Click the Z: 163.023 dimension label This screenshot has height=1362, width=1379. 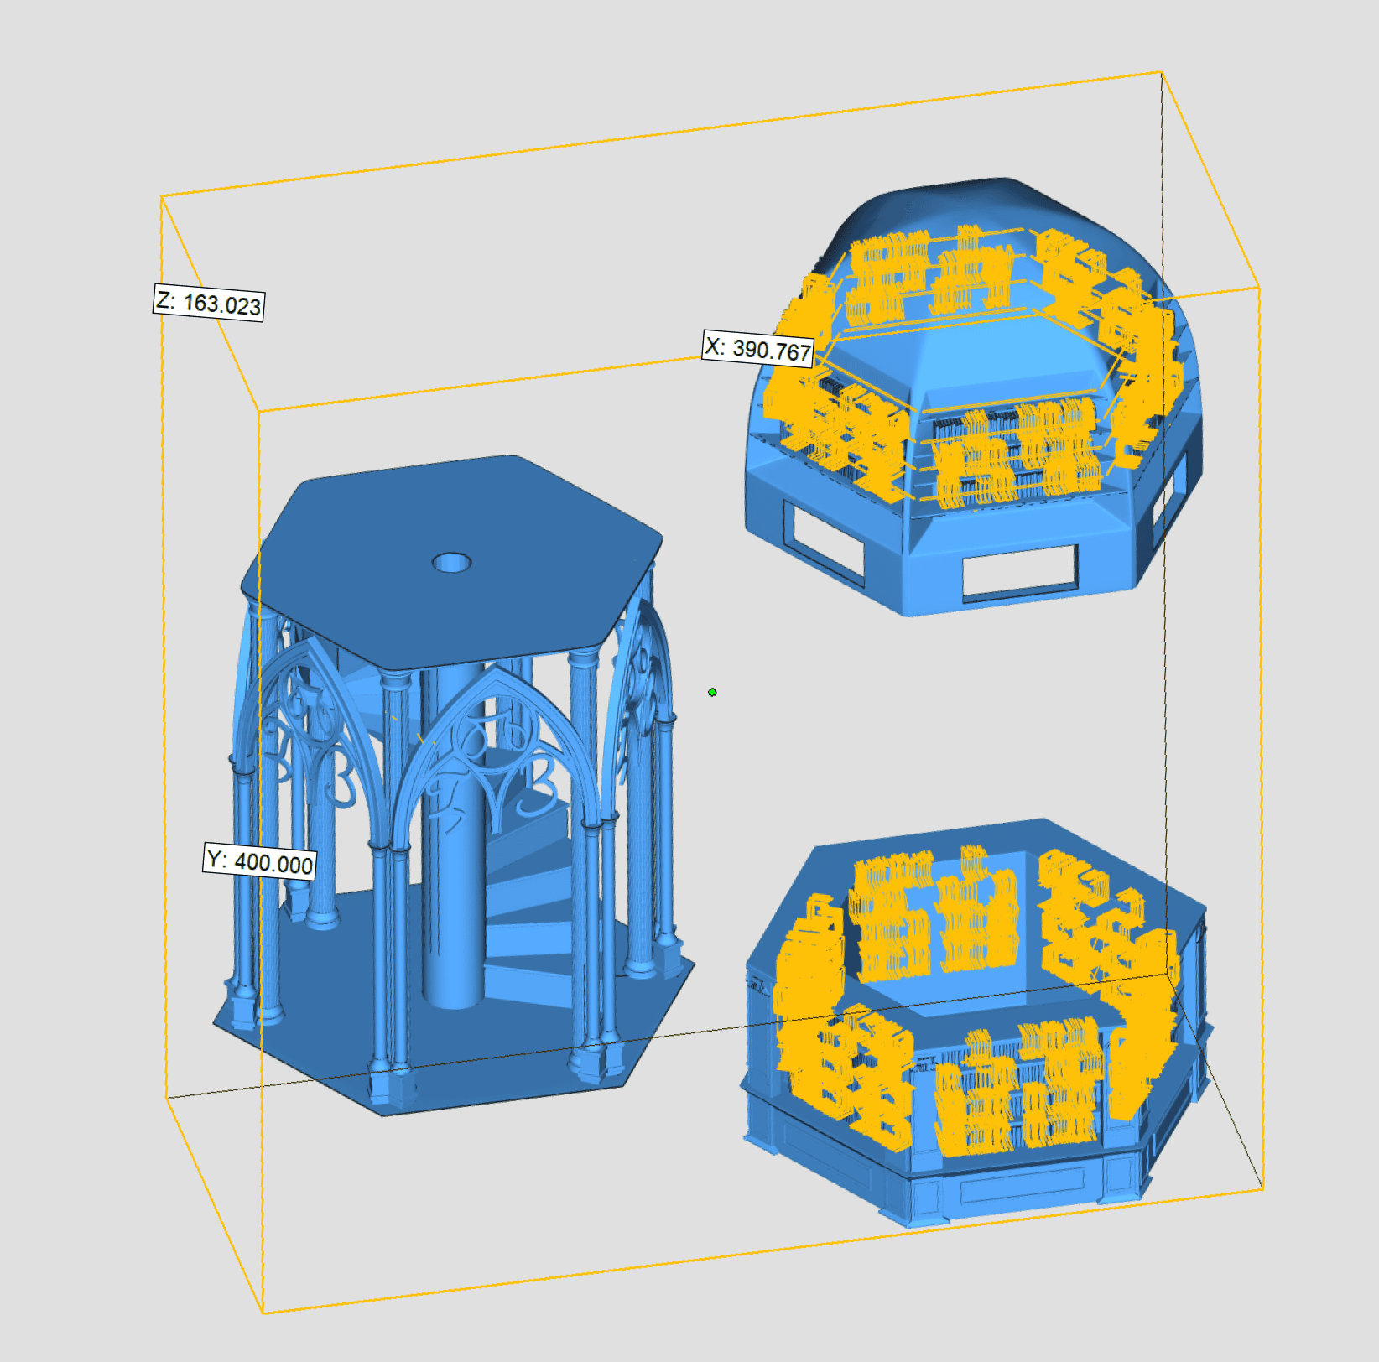tap(209, 302)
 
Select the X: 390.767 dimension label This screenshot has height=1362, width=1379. tap(758, 348)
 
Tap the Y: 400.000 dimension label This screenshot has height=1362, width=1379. tap(260, 861)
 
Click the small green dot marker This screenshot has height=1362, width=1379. tap(712, 692)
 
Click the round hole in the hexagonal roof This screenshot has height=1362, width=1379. tap(451, 562)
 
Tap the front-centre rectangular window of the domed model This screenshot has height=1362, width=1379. tap(1019, 573)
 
